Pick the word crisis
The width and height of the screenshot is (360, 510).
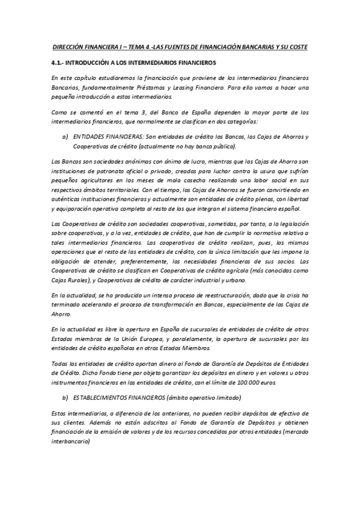(288, 296)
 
